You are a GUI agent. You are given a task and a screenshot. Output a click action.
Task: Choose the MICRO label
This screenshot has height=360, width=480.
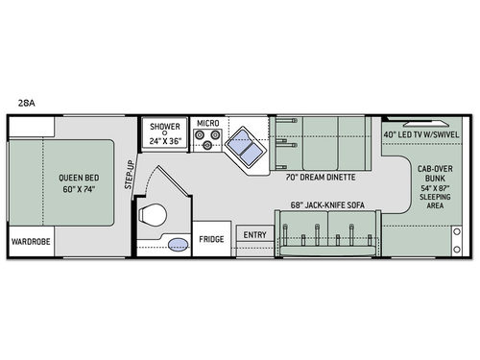[208, 124]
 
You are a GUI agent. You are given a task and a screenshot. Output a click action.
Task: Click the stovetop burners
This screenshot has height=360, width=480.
[208, 143]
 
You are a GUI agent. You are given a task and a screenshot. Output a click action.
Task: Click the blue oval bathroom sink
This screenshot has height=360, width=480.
[178, 245]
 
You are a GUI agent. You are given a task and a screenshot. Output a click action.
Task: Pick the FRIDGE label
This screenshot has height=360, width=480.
[211, 236]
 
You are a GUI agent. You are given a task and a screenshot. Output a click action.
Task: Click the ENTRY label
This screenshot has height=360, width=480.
[255, 235]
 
